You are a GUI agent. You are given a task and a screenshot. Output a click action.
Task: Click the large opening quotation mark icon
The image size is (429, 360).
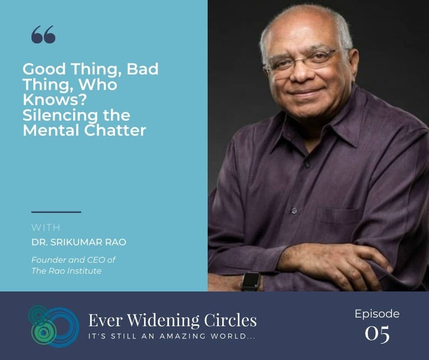coord(43,35)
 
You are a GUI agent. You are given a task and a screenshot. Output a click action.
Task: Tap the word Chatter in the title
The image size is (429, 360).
coord(115,130)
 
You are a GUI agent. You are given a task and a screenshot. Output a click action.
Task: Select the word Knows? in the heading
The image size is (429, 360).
coord(55,100)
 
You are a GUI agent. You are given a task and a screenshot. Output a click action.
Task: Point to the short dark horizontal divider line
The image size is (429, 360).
coord(56,212)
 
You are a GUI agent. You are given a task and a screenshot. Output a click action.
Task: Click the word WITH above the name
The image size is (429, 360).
coord(46,228)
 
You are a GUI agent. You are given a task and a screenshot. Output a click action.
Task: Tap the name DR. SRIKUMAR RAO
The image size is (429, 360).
coord(79,242)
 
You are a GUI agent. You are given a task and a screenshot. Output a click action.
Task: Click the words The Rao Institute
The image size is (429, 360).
coord(67,271)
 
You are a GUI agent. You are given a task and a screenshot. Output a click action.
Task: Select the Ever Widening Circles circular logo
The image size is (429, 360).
coord(54,326)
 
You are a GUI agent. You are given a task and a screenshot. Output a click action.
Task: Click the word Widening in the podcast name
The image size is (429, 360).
coord(163,321)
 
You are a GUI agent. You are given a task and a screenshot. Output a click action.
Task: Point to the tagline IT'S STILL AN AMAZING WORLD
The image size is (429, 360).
coord(172,336)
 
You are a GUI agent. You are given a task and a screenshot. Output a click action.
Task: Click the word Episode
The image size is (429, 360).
coord(377,314)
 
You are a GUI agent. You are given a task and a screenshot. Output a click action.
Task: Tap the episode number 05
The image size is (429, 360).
coord(377,333)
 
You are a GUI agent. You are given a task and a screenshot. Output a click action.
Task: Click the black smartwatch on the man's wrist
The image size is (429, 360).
coord(250,281)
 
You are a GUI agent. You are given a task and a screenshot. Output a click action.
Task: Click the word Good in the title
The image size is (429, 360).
coord(44,69)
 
